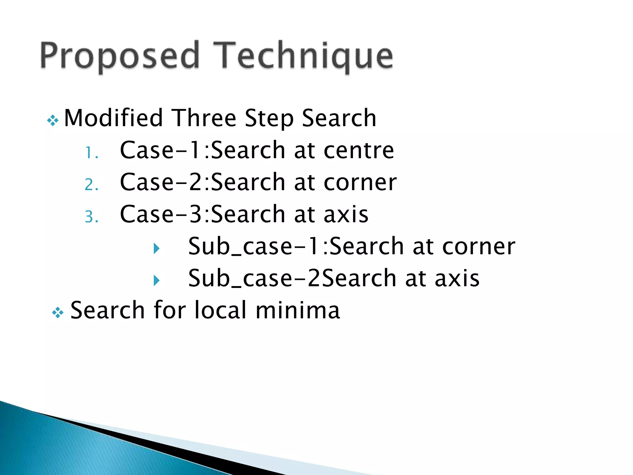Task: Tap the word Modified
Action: click(x=113, y=118)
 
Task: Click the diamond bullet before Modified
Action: click(x=53, y=121)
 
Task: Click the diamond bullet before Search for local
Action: click(x=58, y=313)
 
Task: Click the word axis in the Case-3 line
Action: click(x=346, y=214)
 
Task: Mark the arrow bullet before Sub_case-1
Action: click(x=157, y=248)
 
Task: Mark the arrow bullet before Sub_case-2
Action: click(x=157, y=280)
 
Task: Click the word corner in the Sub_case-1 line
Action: click(x=479, y=246)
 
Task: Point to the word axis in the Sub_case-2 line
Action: click(x=457, y=278)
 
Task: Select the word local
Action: click(x=220, y=310)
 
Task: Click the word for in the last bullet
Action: click(x=170, y=310)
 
